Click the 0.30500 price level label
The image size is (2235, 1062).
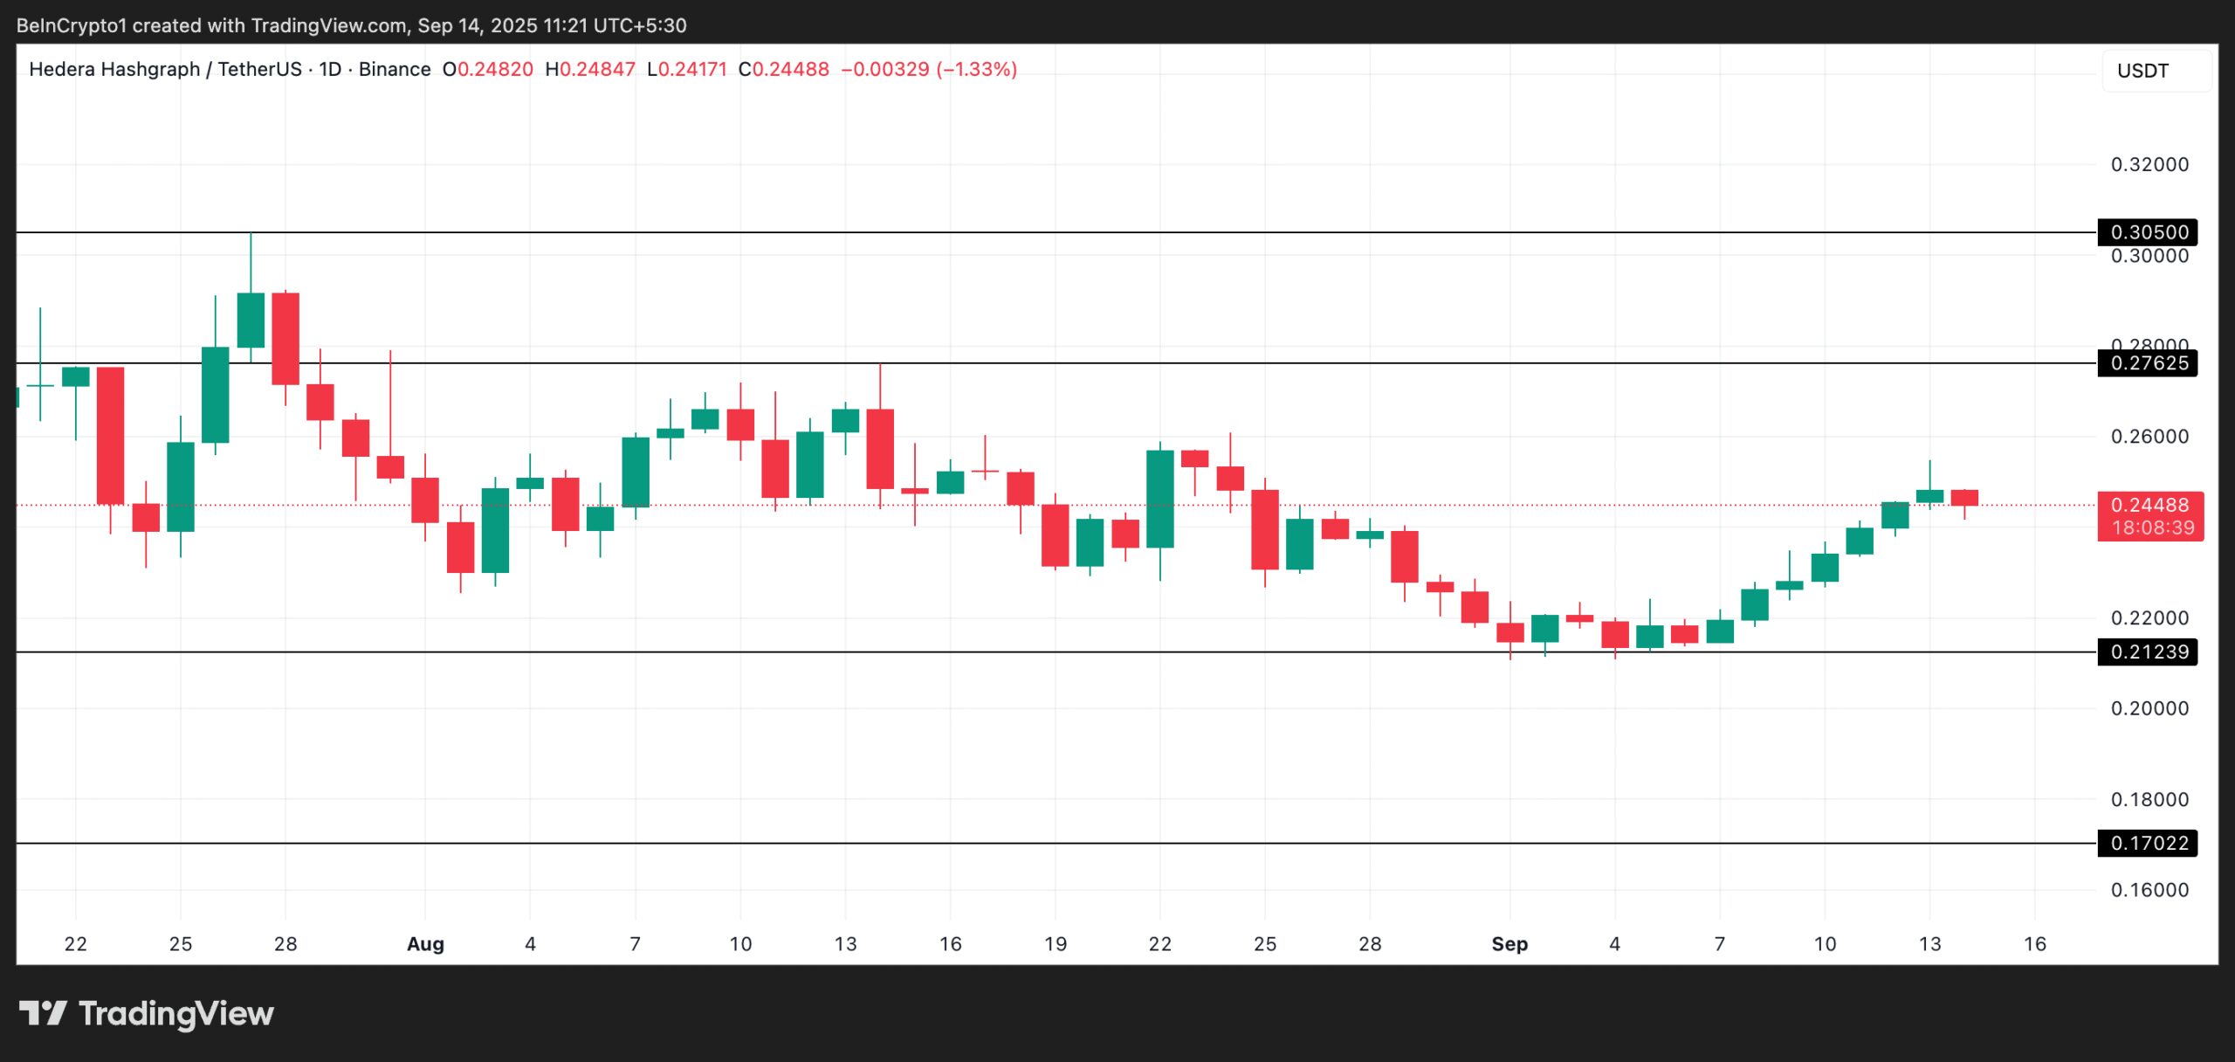click(2148, 232)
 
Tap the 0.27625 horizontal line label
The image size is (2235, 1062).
click(2148, 363)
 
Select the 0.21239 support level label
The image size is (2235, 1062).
click(2148, 652)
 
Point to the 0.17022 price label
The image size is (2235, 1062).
click(2148, 843)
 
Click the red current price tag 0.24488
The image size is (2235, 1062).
click(2149, 505)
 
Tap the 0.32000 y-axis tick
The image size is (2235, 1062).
click(2149, 164)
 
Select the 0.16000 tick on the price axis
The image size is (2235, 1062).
click(2149, 890)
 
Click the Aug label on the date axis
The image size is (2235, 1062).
click(425, 944)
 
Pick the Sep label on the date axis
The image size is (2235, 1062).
click(1509, 944)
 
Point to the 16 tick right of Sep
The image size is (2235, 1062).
click(2035, 944)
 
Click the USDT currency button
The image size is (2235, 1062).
click(2142, 71)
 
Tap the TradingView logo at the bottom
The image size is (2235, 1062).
click(147, 1013)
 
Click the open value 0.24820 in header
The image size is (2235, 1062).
click(495, 69)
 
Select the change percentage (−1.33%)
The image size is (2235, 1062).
click(976, 69)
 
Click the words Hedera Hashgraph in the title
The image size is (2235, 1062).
click(114, 69)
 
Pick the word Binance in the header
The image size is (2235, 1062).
click(395, 69)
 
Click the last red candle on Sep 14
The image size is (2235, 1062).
click(1964, 498)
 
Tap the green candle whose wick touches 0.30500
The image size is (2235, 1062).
click(251, 320)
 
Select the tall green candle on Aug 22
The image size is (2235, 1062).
click(1160, 499)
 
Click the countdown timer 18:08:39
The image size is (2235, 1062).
click(2152, 528)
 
